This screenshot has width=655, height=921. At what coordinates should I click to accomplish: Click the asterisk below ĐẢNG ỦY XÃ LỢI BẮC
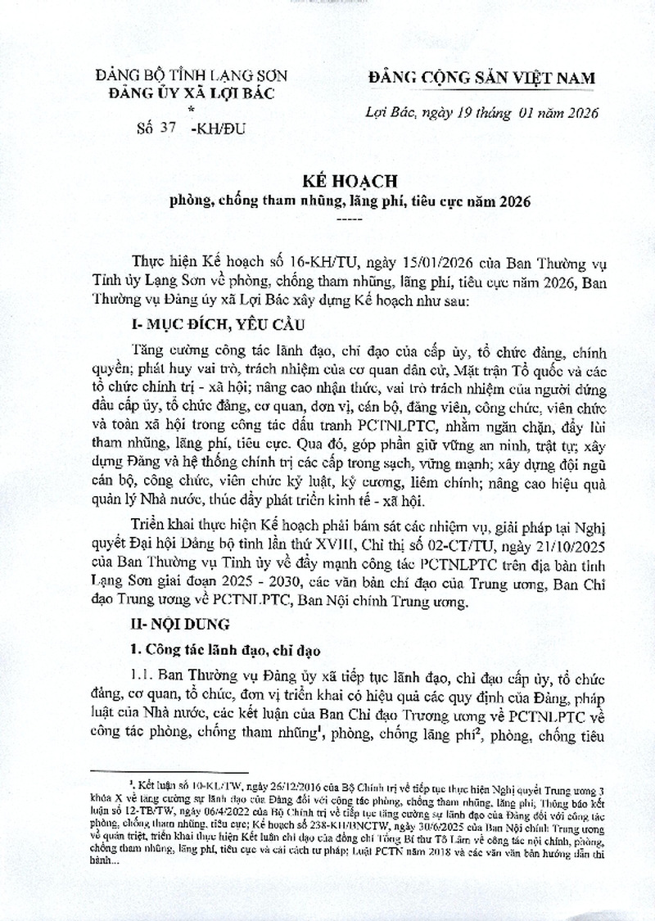coord(192,108)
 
